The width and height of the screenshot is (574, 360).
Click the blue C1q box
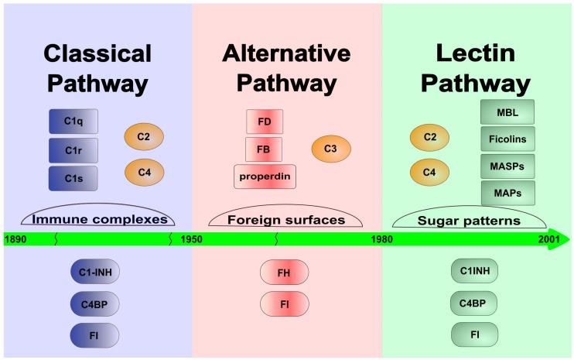pos(73,122)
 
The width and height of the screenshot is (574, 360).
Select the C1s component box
pos(73,178)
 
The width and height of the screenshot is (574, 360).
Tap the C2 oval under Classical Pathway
pos(145,138)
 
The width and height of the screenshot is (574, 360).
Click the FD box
pos(265,122)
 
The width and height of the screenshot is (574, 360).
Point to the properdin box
pos(265,177)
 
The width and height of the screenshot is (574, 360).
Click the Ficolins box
pos(508,140)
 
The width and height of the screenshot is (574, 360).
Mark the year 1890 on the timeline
pos(15,239)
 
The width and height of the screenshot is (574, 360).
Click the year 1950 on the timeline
pos(191,239)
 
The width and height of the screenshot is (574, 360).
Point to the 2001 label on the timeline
pos(550,239)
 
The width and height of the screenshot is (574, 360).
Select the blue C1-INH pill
pos(94,273)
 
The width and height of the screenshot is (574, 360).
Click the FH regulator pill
pos(284,273)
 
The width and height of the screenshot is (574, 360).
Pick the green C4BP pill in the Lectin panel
pos(474,303)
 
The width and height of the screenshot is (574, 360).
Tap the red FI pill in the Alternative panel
pos(284,303)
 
